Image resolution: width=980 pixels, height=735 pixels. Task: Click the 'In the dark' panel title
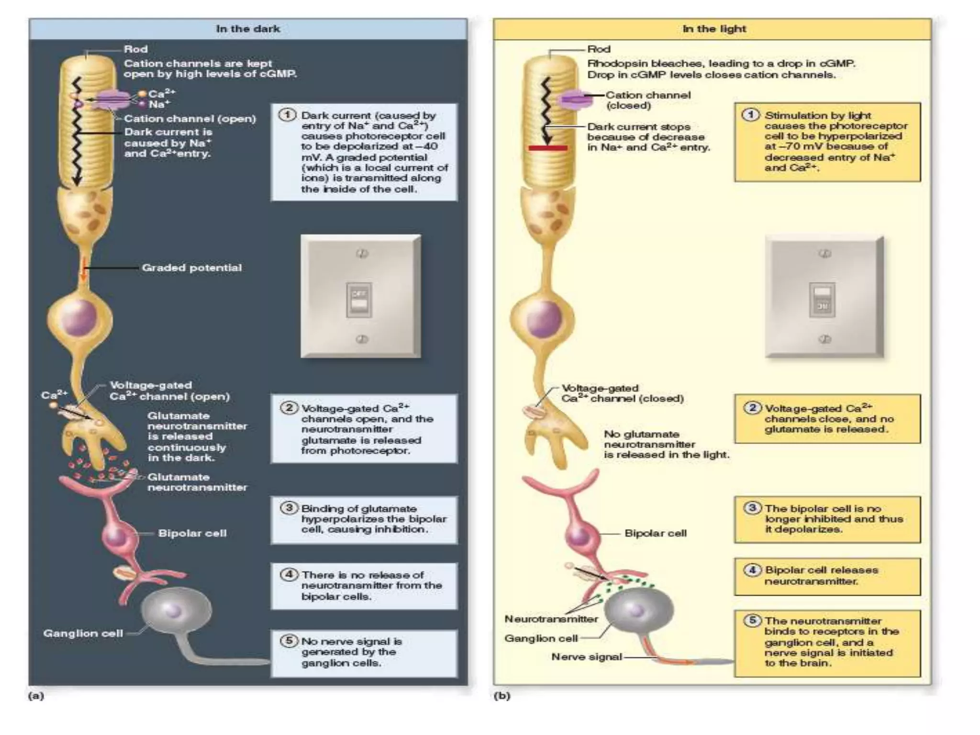pyautogui.click(x=247, y=29)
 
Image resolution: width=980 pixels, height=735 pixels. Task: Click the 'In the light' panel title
pyautogui.click(x=714, y=29)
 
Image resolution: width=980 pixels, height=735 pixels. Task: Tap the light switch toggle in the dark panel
pyautogui.click(x=359, y=300)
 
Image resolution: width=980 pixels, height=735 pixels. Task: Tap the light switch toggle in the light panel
pyautogui.click(x=822, y=300)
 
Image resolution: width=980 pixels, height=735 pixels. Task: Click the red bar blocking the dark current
pyautogui.click(x=548, y=148)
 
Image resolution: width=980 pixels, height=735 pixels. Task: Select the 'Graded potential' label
pyautogui.click(x=191, y=268)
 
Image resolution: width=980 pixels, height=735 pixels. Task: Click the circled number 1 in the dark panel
pyautogui.click(x=287, y=115)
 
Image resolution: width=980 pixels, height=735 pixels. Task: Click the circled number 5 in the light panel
pyautogui.click(x=752, y=621)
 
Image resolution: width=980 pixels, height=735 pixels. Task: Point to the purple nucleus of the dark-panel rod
pyautogui.click(x=80, y=317)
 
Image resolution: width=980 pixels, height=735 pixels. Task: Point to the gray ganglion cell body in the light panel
pyautogui.click(x=638, y=610)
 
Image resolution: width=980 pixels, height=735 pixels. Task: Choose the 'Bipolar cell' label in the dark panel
pyautogui.click(x=192, y=533)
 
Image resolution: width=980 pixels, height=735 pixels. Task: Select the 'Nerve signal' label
pyautogui.click(x=587, y=657)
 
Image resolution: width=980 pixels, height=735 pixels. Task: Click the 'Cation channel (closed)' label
pyautogui.click(x=648, y=100)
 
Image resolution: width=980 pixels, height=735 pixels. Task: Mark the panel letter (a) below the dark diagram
pyautogui.click(x=36, y=696)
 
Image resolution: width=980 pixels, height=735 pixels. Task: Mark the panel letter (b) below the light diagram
pyautogui.click(x=502, y=696)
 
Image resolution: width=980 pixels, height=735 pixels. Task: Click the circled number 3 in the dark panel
pyautogui.click(x=289, y=508)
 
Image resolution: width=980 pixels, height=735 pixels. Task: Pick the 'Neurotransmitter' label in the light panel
pyautogui.click(x=551, y=619)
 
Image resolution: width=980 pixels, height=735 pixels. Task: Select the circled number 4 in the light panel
pyautogui.click(x=752, y=570)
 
